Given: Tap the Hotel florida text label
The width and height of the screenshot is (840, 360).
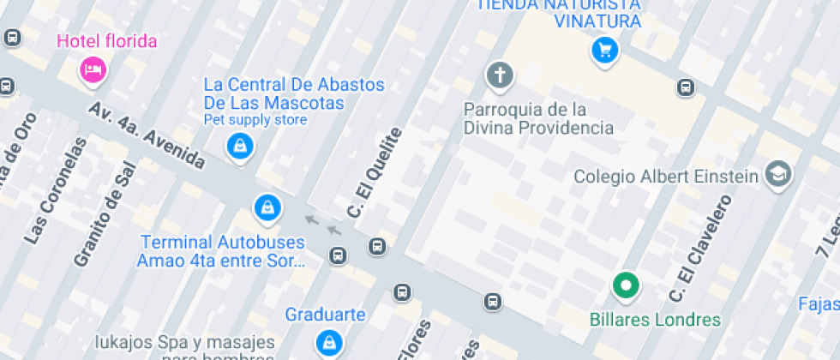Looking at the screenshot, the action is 107,40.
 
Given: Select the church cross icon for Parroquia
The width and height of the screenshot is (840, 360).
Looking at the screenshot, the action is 498,75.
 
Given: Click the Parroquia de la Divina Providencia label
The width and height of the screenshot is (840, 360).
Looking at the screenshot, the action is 538,119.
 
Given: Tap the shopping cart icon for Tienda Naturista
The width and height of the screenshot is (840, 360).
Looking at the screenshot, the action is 605,51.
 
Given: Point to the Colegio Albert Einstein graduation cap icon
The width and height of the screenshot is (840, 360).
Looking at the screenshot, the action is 779,174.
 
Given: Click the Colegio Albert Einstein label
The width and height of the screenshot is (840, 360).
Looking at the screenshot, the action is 666,177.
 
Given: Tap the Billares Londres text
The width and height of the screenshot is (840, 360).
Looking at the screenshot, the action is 655,320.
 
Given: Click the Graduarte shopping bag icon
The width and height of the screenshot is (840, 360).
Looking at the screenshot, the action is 327,342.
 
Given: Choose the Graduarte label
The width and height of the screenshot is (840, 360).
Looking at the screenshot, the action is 326,314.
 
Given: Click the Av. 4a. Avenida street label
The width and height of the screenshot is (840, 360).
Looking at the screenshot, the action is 147,136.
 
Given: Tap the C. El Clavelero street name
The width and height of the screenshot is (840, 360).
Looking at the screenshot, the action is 701,249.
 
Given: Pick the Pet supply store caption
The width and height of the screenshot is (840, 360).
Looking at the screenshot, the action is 255,120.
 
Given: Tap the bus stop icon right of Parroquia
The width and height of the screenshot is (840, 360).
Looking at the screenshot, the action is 685,87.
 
